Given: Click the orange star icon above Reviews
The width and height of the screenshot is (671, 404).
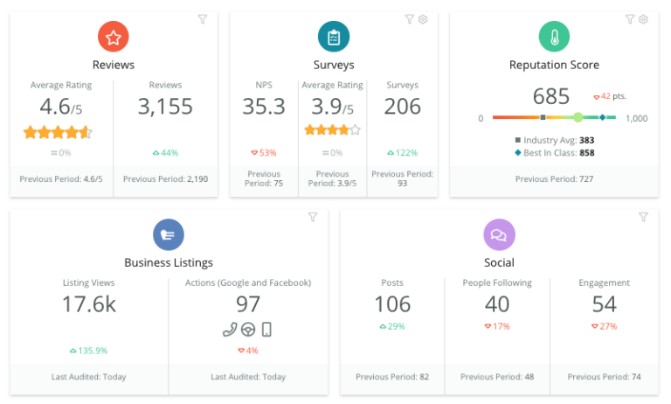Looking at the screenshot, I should [114, 37].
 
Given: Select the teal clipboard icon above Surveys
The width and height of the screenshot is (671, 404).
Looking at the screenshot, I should [334, 37].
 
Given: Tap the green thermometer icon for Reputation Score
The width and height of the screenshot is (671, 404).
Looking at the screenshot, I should [554, 37].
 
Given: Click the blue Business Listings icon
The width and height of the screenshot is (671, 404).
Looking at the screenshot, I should [169, 234].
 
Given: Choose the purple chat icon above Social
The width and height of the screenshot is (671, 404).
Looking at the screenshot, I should [499, 234].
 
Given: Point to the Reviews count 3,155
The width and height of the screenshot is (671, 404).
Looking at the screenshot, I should [165, 107].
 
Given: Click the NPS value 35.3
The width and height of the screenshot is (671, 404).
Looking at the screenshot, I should [264, 107].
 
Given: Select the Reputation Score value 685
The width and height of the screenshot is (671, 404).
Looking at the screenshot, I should [550, 96].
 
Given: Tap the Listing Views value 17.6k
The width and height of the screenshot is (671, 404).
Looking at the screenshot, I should [89, 304].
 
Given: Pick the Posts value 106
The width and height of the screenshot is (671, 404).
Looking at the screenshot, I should [392, 304].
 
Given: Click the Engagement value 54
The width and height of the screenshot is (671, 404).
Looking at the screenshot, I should [604, 304].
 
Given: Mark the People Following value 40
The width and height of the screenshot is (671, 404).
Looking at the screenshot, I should [497, 304].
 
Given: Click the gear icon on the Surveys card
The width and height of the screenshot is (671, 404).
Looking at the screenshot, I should [423, 19].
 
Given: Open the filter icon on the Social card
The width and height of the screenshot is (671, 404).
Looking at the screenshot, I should [643, 217].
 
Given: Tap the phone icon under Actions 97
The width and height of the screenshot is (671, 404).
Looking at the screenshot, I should [229, 330].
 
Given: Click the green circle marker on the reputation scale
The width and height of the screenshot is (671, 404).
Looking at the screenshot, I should [578, 117].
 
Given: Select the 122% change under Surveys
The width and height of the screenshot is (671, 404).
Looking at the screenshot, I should [403, 153].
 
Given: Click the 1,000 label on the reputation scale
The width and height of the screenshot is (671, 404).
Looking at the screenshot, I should [636, 118].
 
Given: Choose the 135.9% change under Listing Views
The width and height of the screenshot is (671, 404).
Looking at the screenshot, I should [89, 351].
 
